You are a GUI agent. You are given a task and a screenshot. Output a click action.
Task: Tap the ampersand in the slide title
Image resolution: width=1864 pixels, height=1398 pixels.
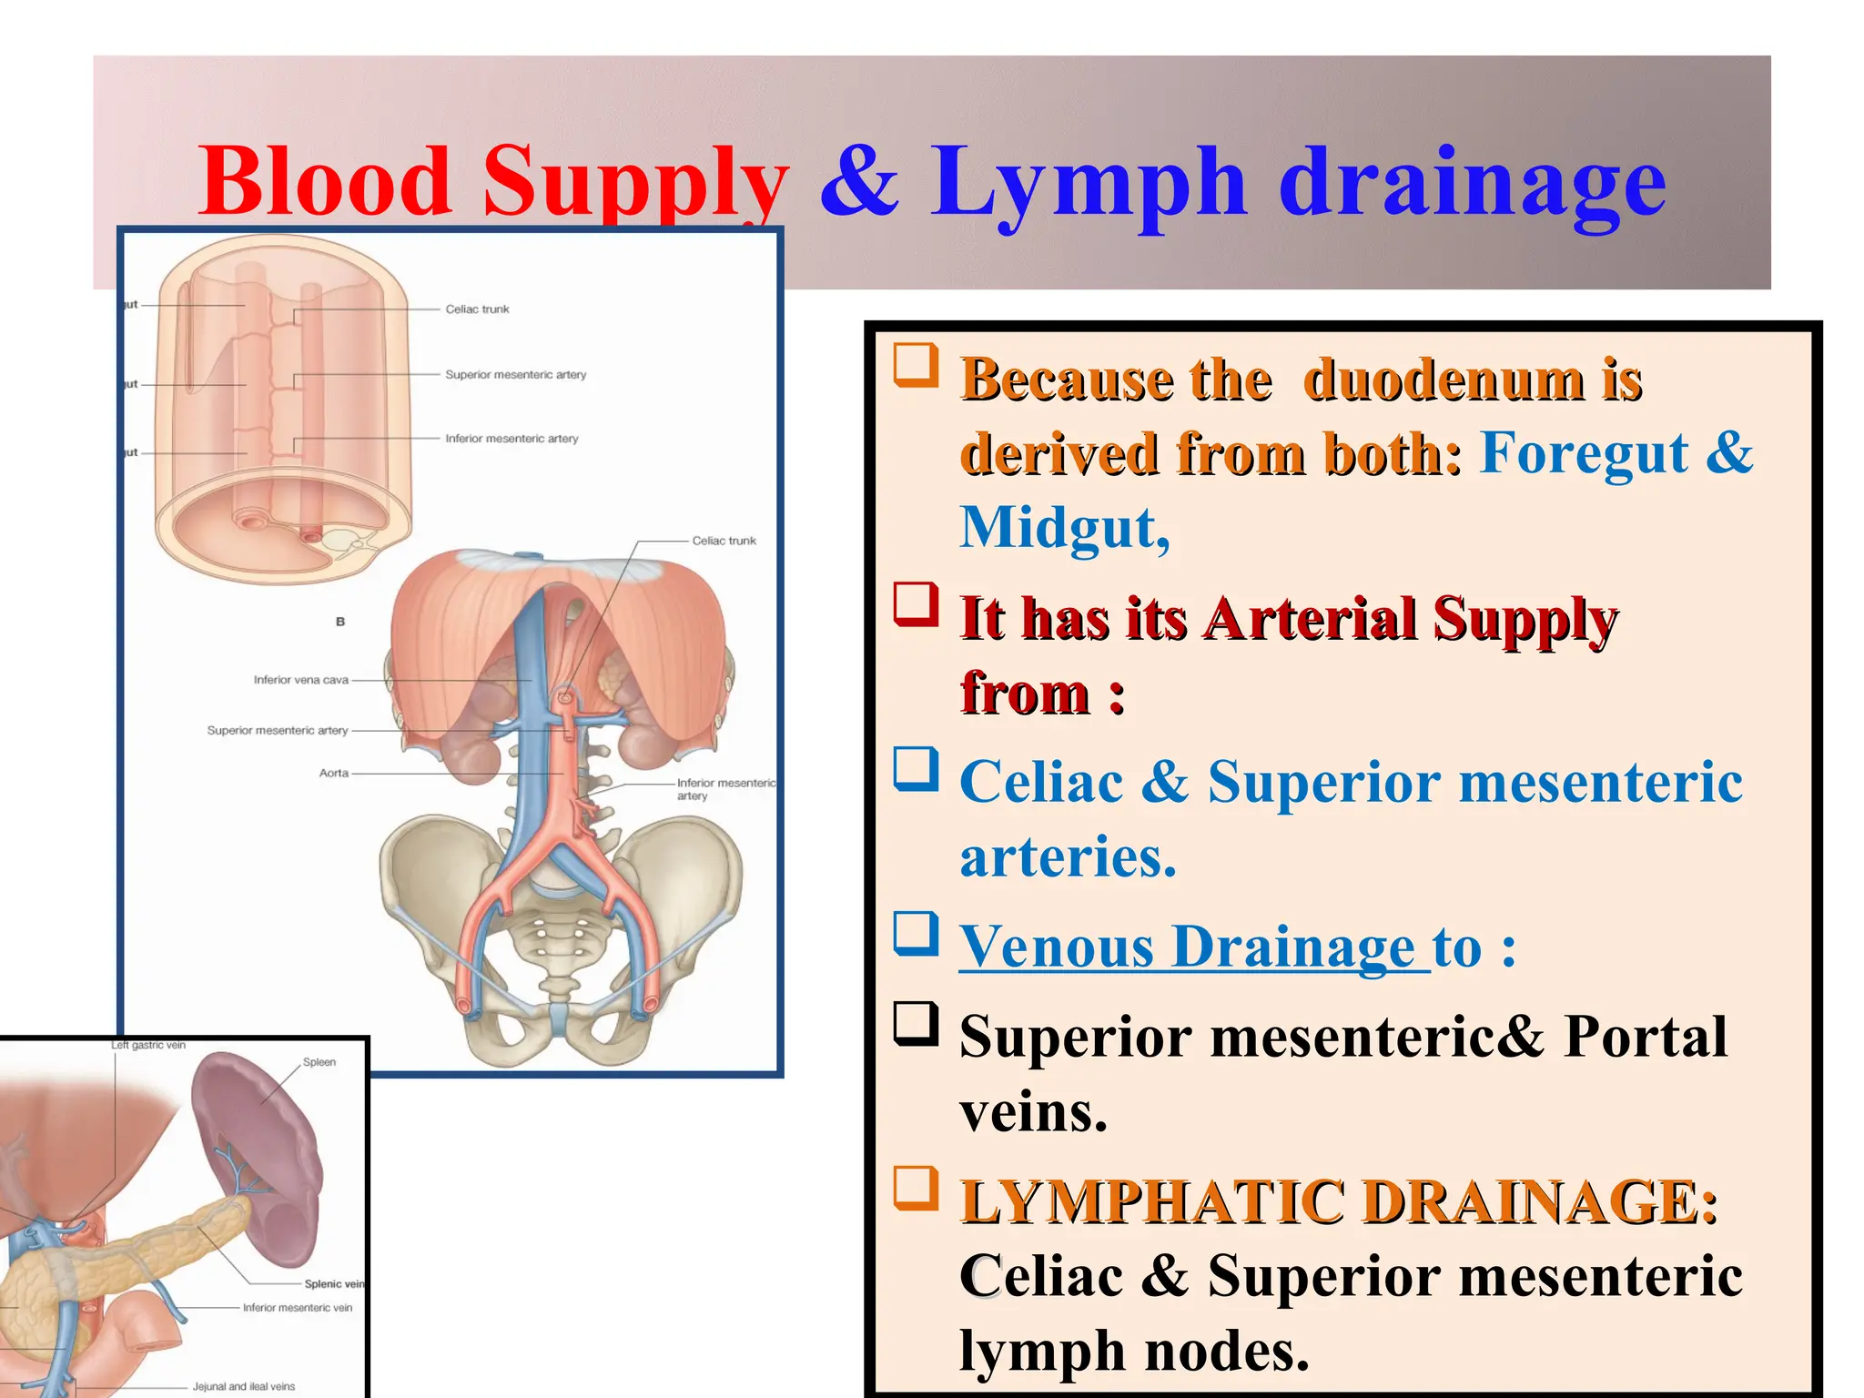click(x=858, y=182)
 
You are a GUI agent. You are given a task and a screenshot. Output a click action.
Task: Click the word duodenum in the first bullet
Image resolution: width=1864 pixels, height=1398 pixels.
click(x=1444, y=380)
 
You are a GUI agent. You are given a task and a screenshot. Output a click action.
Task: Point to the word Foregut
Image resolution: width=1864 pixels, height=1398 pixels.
click(x=1584, y=452)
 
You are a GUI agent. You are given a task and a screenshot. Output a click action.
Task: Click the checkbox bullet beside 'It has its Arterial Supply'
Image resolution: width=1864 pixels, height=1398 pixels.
click(x=916, y=604)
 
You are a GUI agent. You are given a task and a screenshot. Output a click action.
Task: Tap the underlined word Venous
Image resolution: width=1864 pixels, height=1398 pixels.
click(x=1056, y=947)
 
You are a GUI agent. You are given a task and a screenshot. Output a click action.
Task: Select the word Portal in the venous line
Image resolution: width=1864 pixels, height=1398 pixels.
click(x=1645, y=1037)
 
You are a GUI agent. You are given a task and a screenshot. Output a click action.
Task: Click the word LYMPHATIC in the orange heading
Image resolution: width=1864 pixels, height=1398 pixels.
click(x=1151, y=1202)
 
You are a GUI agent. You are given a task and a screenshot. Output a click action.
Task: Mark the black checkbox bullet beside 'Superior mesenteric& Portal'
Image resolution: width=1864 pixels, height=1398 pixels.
click(x=916, y=1024)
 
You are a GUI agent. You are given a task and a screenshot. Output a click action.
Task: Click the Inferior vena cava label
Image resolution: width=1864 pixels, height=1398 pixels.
click(x=300, y=680)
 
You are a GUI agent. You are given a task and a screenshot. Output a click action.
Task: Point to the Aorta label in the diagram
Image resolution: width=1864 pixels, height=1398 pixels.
click(x=333, y=774)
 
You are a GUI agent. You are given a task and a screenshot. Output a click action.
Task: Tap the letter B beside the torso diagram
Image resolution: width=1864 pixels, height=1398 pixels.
click(x=340, y=622)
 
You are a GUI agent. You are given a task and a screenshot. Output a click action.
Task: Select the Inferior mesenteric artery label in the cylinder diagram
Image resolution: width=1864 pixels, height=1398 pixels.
click(x=512, y=439)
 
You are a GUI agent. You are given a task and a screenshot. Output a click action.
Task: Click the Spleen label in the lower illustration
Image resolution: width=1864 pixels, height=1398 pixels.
click(x=319, y=1062)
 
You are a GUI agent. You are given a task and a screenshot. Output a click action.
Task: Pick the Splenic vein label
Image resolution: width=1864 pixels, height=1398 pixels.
click(x=333, y=1284)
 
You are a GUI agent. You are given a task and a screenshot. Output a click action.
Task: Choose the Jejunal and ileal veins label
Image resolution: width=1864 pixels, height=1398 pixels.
click(x=243, y=1387)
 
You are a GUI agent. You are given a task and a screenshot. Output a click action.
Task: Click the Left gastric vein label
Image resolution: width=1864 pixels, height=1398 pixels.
click(x=148, y=1046)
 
